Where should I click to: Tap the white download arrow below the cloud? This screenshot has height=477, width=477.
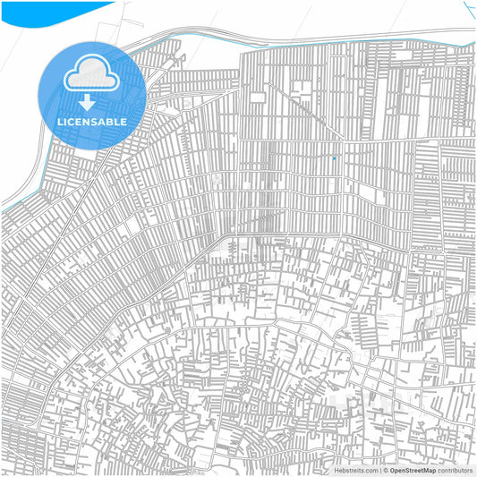tap(87, 101)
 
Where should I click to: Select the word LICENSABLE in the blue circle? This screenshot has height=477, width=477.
tap(92, 121)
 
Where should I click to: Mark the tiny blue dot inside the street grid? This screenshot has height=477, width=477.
tap(334, 158)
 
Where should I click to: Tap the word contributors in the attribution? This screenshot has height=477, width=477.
tap(455, 470)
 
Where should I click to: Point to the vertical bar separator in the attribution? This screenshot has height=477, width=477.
tap(380, 470)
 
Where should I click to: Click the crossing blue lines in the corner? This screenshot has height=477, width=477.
tap(469, 9)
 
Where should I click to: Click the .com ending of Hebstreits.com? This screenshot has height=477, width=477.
tap(371, 470)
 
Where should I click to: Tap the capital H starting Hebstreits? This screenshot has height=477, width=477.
tap(337, 470)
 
